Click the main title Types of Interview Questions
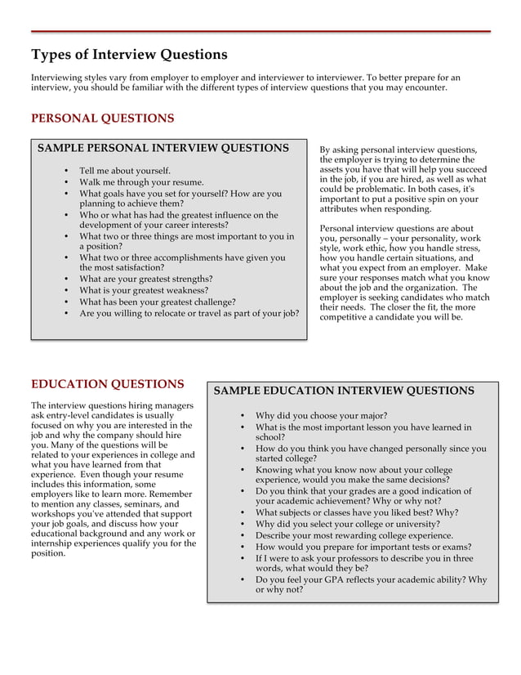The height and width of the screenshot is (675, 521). pos(129,55)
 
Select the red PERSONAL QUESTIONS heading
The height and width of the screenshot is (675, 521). pos(102,118)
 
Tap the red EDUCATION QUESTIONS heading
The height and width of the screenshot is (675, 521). pos(107,384)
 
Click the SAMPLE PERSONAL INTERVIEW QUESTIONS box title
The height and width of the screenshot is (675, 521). pos(163,149)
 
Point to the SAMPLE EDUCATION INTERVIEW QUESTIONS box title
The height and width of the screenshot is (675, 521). pos(343,391)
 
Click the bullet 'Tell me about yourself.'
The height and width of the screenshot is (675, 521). pos(125,171)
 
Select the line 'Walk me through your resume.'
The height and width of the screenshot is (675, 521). pos(141,182)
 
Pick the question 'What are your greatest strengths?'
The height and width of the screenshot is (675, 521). pos(145,279)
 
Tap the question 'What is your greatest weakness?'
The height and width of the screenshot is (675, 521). pos(144,290)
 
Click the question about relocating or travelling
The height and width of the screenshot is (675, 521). pos(189,313)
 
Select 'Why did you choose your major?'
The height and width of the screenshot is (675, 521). pos(321,415)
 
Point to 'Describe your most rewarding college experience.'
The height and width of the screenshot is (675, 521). pos(354,535)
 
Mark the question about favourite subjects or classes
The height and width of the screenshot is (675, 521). pos(357,512)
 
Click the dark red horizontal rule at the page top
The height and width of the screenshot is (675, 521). pos(260,31)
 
